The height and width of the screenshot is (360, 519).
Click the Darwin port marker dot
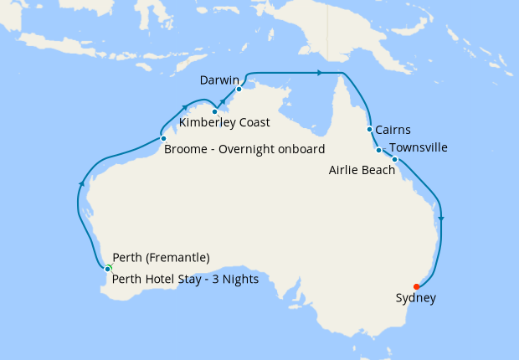(239, 89)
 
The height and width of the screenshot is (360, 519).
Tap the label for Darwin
(220, 80)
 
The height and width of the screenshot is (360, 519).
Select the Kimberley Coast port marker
(215, 111)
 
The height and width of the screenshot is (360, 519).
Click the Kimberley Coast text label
(224, 123)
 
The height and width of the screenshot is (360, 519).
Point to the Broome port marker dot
(163, 138)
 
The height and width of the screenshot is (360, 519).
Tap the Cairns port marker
(369, 129)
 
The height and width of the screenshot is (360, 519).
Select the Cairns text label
(393, 131)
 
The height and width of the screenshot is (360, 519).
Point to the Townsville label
(419, 148)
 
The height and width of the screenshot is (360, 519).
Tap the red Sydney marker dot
(416, 287)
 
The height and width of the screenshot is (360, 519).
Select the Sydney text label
(415, 298)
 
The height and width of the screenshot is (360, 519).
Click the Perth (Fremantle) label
(161, 258)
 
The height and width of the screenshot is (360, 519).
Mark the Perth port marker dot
(108, 268)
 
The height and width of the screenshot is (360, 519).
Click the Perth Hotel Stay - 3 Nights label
(185, 280)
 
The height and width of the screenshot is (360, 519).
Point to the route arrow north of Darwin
(319, 74)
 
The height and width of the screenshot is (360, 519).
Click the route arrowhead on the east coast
(440, 219)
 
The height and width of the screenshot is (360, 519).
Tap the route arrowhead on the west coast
(80, 183)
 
